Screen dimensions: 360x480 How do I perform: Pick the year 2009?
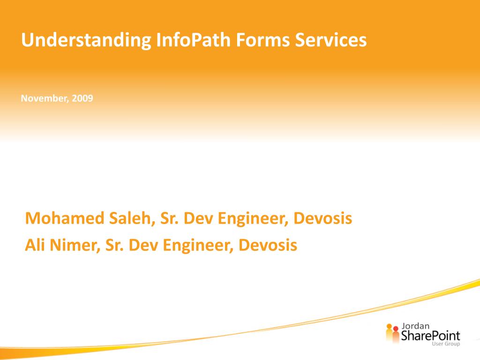pos(82,98)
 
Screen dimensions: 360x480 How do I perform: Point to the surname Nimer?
pos(73,245)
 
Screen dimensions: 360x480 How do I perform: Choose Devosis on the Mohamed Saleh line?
pos(323,218)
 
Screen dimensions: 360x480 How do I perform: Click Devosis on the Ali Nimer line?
pos(268,245)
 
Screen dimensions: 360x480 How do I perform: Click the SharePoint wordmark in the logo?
pos(430,336)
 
